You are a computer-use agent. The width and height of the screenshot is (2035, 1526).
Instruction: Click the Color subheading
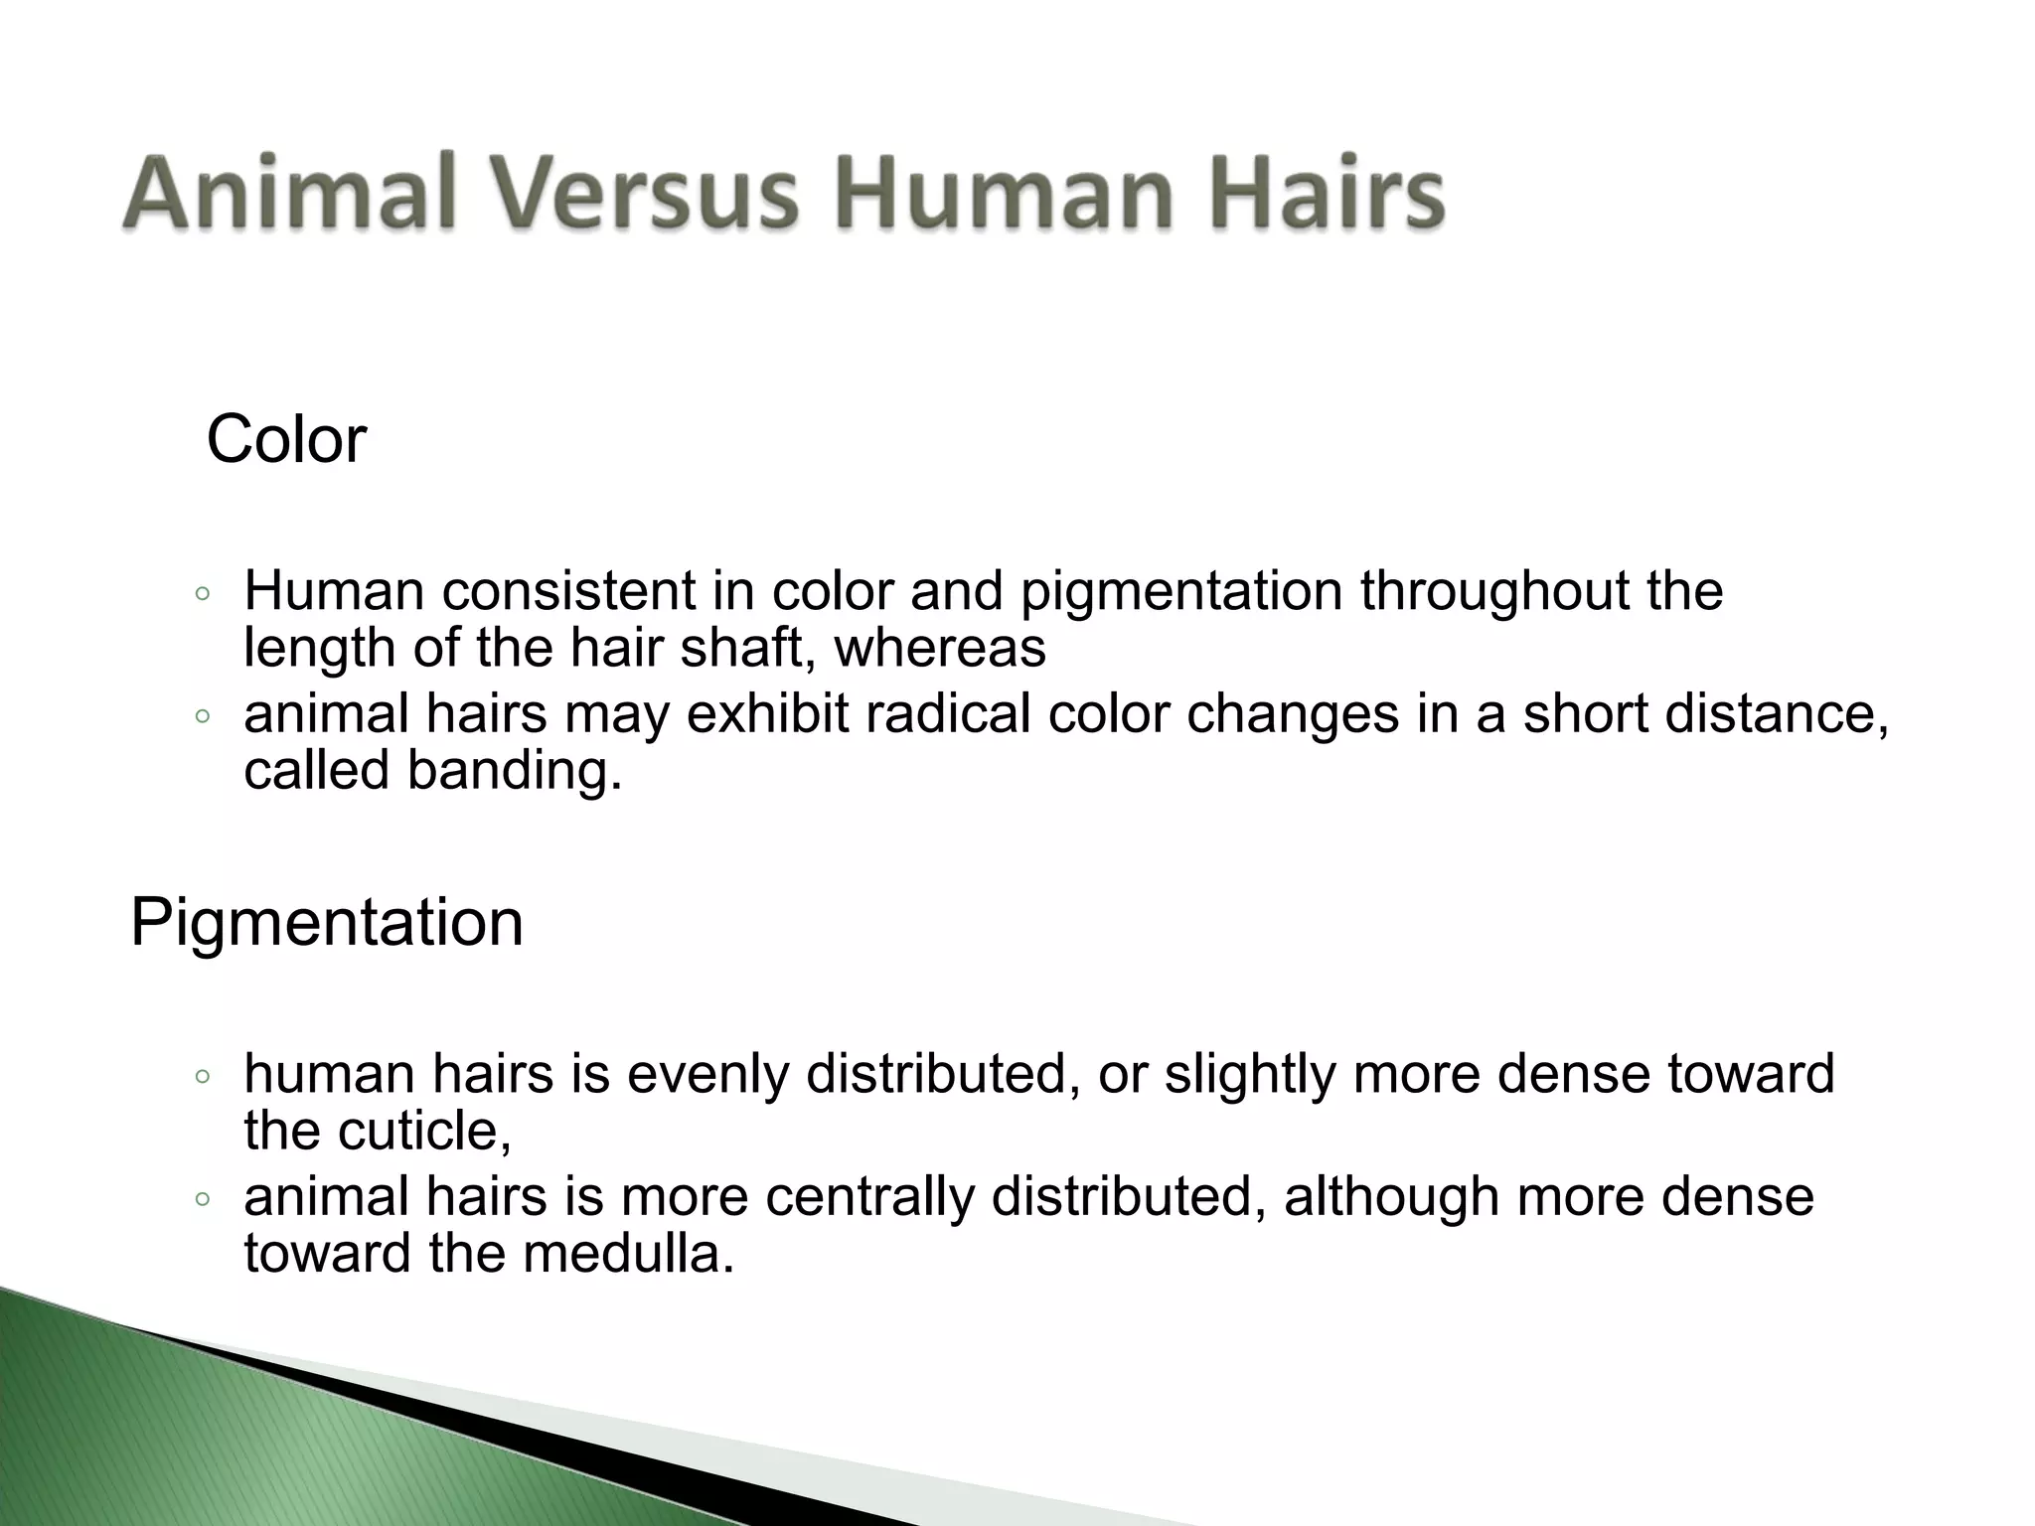(x=286, y=439)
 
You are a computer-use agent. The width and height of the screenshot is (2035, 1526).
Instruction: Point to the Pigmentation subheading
(x=326, y=922)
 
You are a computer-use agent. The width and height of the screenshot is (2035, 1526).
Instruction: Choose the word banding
(x=514, y=770)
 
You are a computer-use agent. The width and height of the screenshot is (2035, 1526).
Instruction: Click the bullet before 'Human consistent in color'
(x=203, y=594)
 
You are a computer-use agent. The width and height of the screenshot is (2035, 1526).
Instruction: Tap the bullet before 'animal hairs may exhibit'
(x=203, y=716)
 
